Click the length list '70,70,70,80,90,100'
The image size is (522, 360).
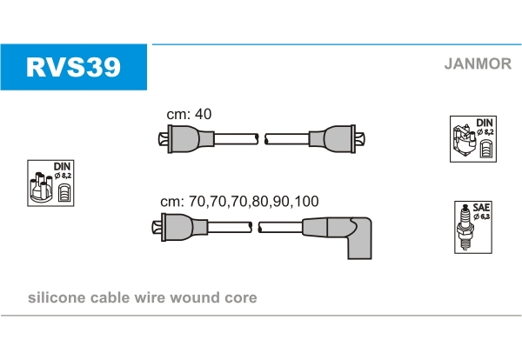(258, 201)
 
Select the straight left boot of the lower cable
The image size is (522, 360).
(181, 228)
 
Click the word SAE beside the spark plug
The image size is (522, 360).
(480, 208)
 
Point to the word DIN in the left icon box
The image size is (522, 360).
(62, 166)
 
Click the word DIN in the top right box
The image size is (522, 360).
(484, 122)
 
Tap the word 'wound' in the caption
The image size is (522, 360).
(199, 297)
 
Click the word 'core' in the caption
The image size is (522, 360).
(241, 297)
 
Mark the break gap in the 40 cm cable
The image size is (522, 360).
(261, 138)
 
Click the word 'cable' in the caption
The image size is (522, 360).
(110, 297)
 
